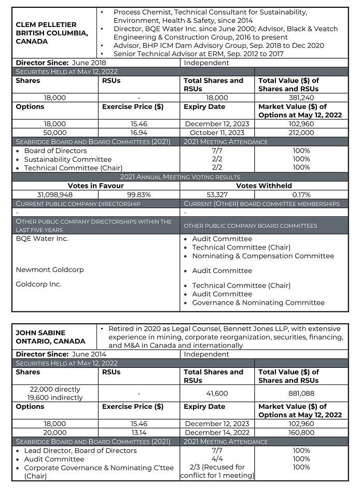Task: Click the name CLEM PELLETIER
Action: click(46, 24)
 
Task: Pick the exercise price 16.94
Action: click(139, 132)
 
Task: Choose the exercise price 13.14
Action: click(139, 432)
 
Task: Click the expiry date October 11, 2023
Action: click(217, 132)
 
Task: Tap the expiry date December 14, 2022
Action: click(217, 432)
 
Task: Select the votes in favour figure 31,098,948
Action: click(54, 194)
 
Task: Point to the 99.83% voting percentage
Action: click(139, 194)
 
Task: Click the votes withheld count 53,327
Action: click(217, 194)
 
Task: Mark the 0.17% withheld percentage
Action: click(301, 194)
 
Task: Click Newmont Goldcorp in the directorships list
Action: click(50, 270)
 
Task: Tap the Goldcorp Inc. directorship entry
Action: click(38, 284)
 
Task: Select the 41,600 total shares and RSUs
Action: click(217, 393)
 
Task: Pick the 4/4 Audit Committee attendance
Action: click(217, 459)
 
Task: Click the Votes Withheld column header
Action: click(264, 185)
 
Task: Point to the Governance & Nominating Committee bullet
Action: click(258, 302)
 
